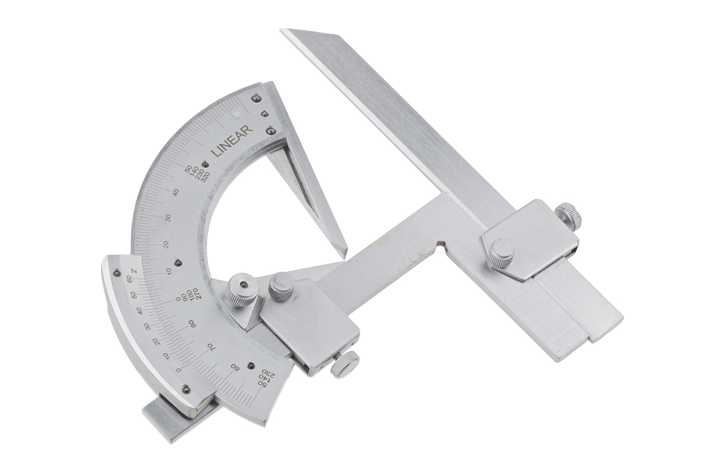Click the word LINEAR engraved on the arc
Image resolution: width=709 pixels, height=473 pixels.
pyautogui.click(x=232, y=141)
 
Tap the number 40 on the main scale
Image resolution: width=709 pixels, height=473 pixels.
pyautogui.click(x=175, y=192)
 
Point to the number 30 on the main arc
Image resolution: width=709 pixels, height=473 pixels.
pyautogui.click(x=168, y=218)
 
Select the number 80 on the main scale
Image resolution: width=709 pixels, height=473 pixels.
pyautogui.click(x=192, y=324)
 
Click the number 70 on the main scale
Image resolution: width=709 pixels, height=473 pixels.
pyautogui.click(x=211, y=346)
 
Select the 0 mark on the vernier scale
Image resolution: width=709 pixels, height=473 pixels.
pyautogui.click(x=179, y=370)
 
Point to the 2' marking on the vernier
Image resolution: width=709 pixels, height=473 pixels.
pyautogui.click(x=134, y=271)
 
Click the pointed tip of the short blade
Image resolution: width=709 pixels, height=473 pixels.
pyautogui.click(x=343, y=254)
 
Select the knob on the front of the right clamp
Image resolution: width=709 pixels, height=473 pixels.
pyautogui.click(x=501, y=253)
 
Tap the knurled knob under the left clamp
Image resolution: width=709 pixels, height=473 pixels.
pyautogui.click(x=345, y=364)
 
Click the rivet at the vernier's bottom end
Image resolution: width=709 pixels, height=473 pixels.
pyautogui.click(x=186, y=389)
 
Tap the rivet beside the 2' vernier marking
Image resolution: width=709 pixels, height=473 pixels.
pyautogui.click(x=117, y=273)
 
